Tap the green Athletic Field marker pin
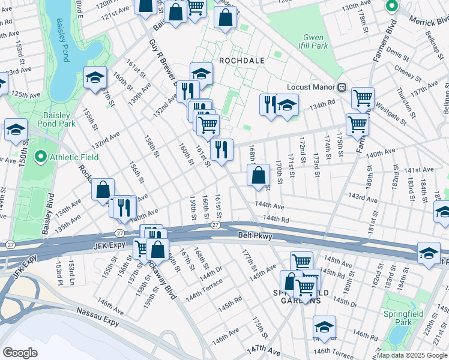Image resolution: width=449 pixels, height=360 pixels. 41,158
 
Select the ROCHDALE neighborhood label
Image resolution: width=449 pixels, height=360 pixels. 241,61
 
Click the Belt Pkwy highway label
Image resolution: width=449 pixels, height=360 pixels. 255,236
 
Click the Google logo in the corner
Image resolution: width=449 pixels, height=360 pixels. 20,353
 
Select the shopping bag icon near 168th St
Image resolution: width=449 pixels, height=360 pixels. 258,175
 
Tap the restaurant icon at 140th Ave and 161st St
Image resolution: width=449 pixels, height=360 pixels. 221,149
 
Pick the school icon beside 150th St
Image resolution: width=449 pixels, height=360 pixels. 16,128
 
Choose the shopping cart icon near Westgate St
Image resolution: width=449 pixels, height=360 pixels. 363,97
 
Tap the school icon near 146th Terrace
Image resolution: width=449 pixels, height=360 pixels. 324,326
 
